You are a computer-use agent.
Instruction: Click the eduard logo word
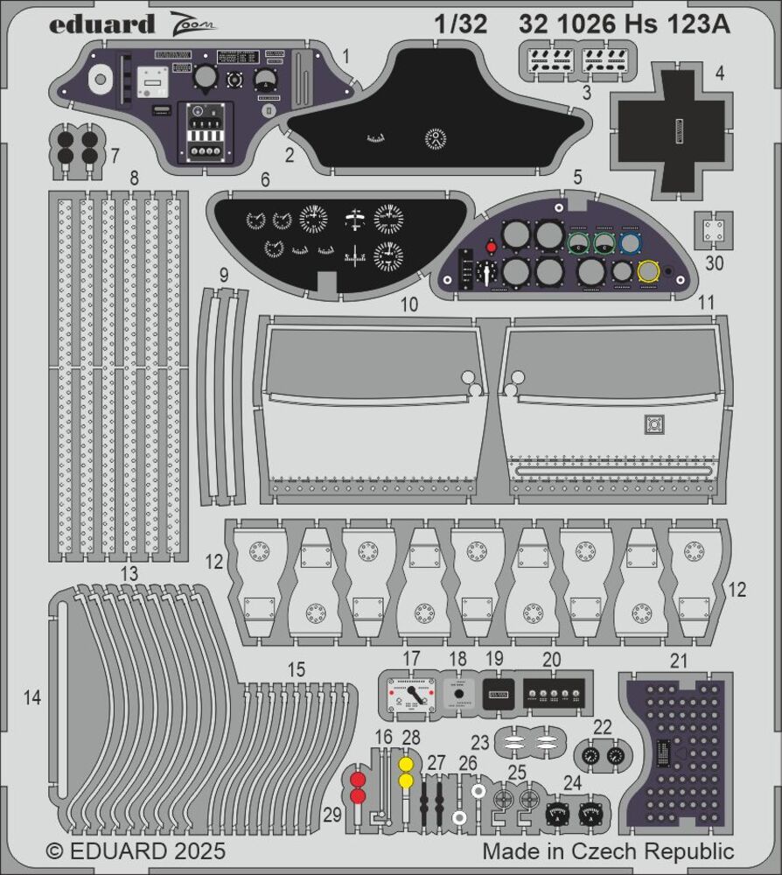pyautogui.click(x=103, y=24)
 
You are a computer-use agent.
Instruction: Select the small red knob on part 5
pyautogui.click(x=492, y=248)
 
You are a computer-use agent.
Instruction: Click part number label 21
pyautogui.click(x=678, y=661)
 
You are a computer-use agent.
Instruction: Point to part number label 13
pyautogui.click(x=129, y=573)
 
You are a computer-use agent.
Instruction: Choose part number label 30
pyautogui.click(x=714, y=261)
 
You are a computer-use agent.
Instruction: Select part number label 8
pyautogui.click(x=134, y=178)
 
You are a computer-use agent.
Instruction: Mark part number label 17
pyautogui.click(x=411, y=659)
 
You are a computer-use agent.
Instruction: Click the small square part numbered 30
pyautogui.click(x=714, y=229)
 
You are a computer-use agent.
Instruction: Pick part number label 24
pyautogui.click(x=572, y=783)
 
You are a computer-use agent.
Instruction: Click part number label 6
pyautogui.click(x=263, y=179)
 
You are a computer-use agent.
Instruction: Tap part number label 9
pyautogui.click(x=224, y=276)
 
